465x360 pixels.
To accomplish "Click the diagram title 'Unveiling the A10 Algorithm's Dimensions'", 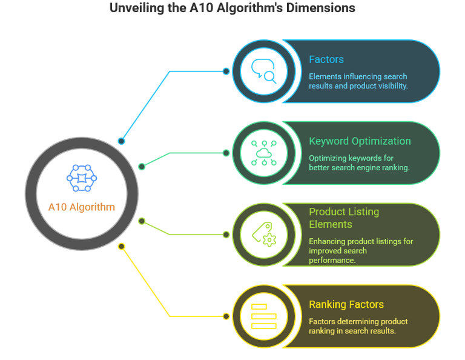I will point(232,8).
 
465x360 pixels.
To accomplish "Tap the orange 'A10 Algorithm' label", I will point(81,207).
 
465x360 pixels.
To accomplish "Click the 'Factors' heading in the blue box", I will point(326,59).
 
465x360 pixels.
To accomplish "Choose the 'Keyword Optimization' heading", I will point(360,141).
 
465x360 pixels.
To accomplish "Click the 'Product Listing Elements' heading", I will point(344,218).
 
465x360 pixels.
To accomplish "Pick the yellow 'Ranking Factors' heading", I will point(346,304).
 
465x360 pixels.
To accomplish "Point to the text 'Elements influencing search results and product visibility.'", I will point(358,81).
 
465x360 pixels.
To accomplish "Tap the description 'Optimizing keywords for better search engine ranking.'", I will point(360,162).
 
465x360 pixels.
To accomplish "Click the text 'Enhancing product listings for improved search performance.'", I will point(361,250).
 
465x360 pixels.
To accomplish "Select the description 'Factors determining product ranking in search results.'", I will point(358,326).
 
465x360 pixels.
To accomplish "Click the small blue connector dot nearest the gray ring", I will point(121,141).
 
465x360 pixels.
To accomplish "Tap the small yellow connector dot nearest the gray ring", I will point(121,246).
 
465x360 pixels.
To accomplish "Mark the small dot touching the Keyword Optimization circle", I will point(226,153).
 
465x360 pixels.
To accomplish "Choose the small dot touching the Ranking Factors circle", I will point(226,316).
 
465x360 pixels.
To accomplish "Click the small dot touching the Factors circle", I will point(226,71).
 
